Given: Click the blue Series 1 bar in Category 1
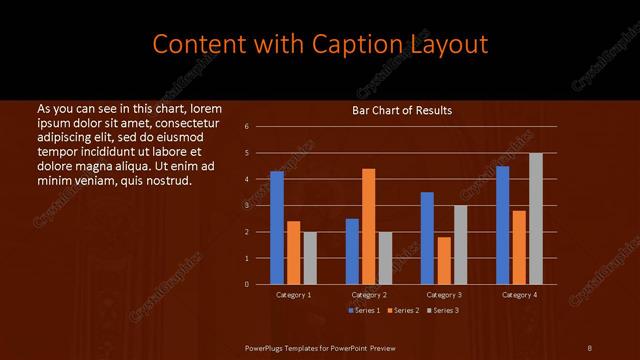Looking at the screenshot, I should pos(277,228).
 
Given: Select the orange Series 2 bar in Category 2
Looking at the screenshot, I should pos(368,226).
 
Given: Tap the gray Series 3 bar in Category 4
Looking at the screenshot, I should pos(536,218).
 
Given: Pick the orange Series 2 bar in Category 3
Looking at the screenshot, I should pos(444,260).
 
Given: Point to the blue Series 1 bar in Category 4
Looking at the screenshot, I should pos(502,225).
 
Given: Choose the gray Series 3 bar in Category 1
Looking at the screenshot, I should pos(310,258).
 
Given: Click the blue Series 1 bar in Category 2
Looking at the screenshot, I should pos(352,251).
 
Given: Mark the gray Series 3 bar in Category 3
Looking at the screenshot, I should pos(460,245).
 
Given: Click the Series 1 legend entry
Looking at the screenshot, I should pos(364,310).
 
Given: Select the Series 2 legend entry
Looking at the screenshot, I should pos(404,310).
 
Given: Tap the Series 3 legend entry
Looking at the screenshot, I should pos(444,310).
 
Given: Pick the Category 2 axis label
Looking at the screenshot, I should pos(369,295).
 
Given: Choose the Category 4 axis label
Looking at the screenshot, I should pos(519,295).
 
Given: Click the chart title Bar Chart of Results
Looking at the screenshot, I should pos(401,110).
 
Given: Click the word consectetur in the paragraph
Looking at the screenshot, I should pos(177,121).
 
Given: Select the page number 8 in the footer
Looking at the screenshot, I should pos(590,347).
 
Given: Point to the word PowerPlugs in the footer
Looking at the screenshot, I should pos(267,347).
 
